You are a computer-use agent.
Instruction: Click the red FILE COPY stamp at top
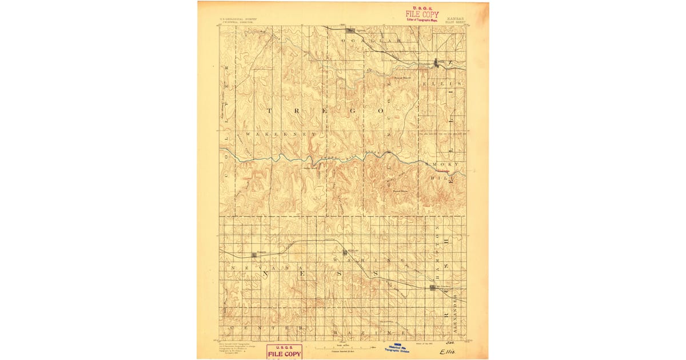422,14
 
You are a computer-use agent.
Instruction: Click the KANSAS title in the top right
455,18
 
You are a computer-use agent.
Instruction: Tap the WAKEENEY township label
280,134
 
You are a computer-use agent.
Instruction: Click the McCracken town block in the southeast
434,288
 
